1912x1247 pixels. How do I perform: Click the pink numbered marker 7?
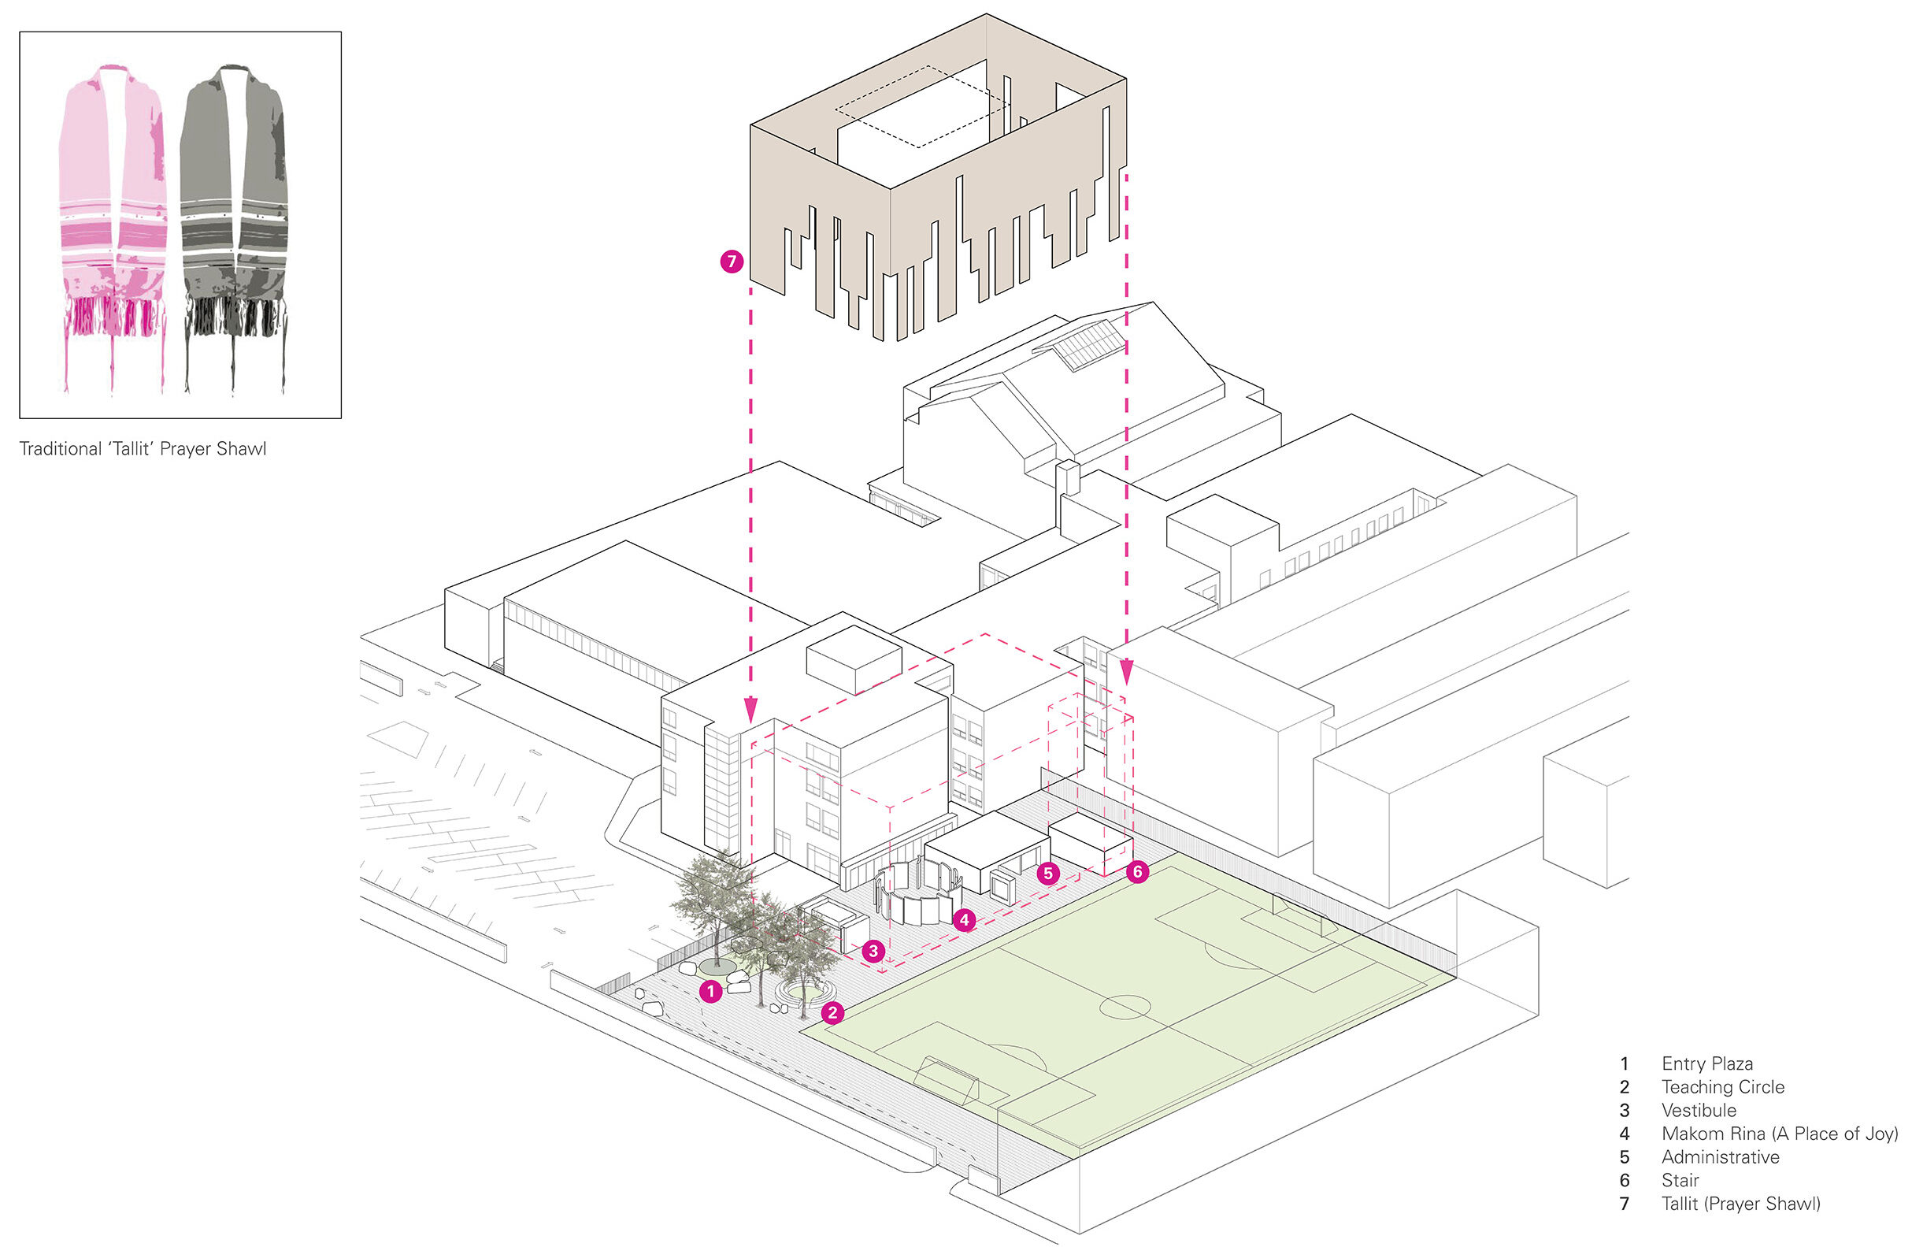click(x=731, y=261)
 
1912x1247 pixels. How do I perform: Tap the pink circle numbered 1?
click(x=710, y=992)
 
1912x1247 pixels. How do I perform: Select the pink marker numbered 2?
click(x=833, y=1012)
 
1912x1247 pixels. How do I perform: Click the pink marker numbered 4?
click(x=964, y=920)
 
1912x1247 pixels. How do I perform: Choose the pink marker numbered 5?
click(x=1047, y=874)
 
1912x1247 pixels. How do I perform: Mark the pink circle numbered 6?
click(x=1137, y=872)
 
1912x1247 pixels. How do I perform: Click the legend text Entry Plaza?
click(x=1707, y=1063)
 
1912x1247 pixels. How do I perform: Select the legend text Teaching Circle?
click(x=1722, y=1087)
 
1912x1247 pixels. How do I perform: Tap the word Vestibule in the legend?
click(x=1699, y=1111)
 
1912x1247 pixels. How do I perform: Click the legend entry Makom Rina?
click(x=1779, y=1134)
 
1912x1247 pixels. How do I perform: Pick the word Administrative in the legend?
click(x=1720, y=1157)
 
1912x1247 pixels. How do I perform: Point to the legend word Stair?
click(x=1680, y=1180)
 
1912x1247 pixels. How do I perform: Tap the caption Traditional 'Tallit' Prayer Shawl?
click(x=143, y=449)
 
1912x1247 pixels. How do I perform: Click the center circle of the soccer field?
click(x=1125, y=1006)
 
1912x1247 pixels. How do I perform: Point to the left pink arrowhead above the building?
click(x=750, y=711)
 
